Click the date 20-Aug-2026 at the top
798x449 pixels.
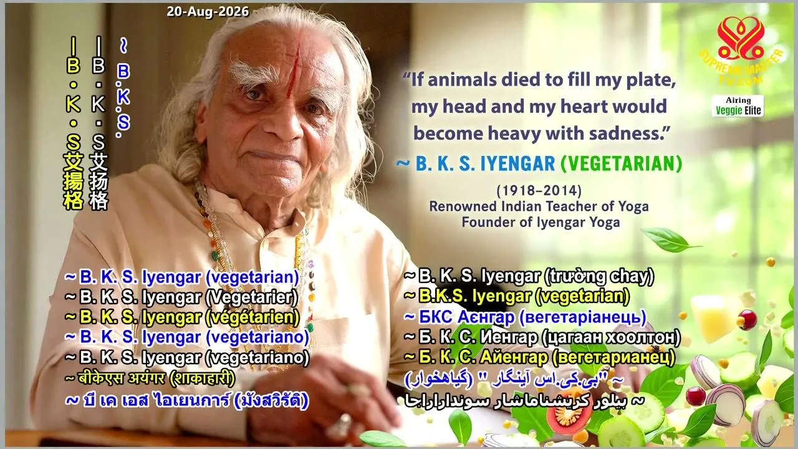pos(208,12)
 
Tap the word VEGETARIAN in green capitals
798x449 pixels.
pos(622,163)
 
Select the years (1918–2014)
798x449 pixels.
pos(539,191)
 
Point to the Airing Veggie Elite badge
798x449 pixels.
pos(738,106)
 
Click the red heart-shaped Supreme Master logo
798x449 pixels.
pos(741,38)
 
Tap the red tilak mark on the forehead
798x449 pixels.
pos(295,71)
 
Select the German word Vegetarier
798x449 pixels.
pos(251,297)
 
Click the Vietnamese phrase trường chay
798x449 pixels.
pos(600,276)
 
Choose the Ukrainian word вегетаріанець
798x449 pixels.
pos(582,317)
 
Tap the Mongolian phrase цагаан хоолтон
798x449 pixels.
pos(611,337)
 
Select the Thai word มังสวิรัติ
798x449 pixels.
pos(271,400)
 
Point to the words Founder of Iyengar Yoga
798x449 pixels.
pos(541,223)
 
